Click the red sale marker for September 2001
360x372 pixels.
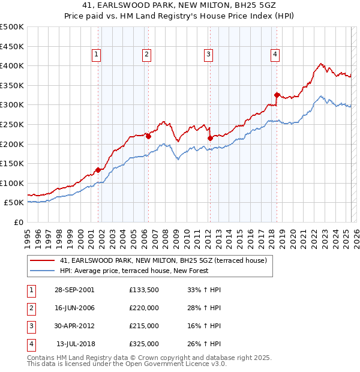coord(98,170)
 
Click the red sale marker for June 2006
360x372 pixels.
coord(148,136)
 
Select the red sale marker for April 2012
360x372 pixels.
coord(210,138)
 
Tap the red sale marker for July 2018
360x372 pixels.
coord(277,95)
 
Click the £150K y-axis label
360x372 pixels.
coord(12,163)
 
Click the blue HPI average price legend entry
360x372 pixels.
coord(134,271)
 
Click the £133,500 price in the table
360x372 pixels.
coord(144,289)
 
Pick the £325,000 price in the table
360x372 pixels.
coord(144,344)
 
